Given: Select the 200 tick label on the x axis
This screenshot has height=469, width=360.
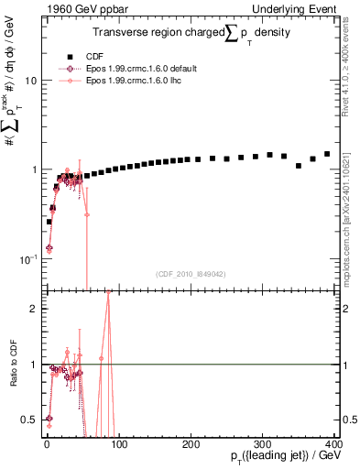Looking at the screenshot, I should (191, 442).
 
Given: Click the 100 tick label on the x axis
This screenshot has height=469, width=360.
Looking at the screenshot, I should (118, 442).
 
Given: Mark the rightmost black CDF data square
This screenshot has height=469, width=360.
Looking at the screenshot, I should (327, 154).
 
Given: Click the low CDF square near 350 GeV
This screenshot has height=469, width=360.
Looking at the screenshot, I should (299, 166).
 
